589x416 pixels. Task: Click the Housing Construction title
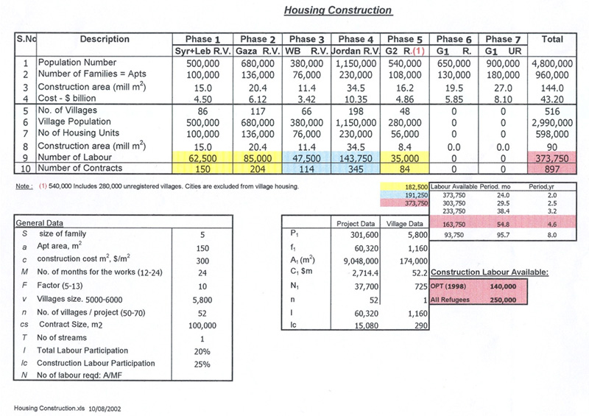(338, 10)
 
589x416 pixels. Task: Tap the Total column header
(551, 39)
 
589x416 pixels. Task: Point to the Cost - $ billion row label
(68, 98)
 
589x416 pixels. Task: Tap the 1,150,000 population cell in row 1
(355, 63)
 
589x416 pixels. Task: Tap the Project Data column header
(356, 222)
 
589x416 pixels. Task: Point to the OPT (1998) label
(451, 286)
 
